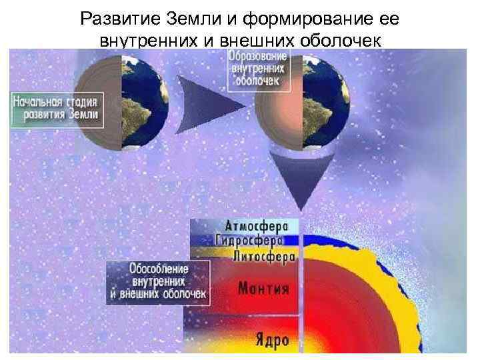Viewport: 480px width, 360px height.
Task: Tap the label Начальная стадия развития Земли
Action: click(x=57, y=109)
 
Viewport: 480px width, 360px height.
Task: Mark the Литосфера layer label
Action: click(x=262, y=256)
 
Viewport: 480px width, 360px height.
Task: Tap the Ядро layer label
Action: click(x=272, y=340)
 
